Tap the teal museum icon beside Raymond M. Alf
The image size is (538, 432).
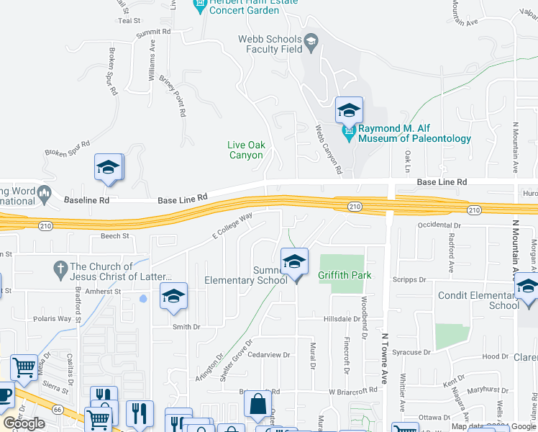[350, 133]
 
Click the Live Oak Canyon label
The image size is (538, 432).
[247, 150]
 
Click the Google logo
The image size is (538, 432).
[24, 423]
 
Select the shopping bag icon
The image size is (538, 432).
[257, 405]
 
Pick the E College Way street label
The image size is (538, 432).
[232, 226]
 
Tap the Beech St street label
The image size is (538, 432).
[115, 235]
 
